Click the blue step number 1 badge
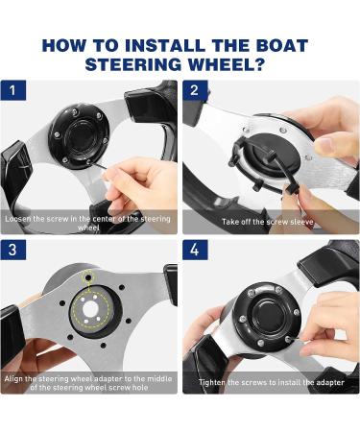(12, 90)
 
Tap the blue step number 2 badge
(195, 90)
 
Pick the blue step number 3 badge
(12, 250)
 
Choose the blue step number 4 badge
(195, 250)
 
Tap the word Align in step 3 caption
(13, 379)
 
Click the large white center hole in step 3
(90, 310)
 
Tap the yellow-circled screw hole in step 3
(87, 275)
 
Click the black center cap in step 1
(80, 135)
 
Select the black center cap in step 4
(267, 316)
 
